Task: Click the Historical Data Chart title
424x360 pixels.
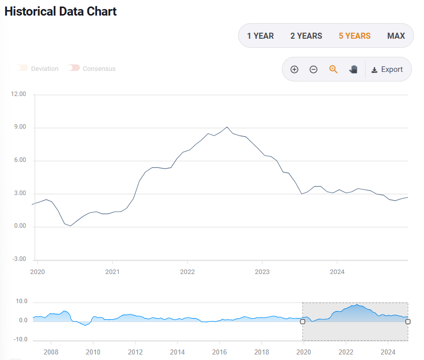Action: (x=60, y=11)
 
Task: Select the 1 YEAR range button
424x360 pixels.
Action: (x=260, y=36)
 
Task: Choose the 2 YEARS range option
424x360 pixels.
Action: (x=306, y=36)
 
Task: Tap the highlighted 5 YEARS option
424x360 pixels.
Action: (x=354, y=36)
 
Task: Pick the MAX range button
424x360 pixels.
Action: (x=396, y=36)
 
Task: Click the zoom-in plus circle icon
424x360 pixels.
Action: (x=294, y=69)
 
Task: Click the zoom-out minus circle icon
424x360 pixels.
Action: (x=313, y=69)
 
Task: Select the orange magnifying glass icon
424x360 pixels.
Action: (x=333, y=69)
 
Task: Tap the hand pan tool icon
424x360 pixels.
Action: (x=353, y=69)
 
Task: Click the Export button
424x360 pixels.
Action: (x=387, y=69)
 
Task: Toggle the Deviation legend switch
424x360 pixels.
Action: (x=23, y=68)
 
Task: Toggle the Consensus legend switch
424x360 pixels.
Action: (x=74, y=68)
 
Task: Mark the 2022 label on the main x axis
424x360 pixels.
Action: (x=187, y=272)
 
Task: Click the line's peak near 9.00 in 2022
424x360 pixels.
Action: (x=227, y=127)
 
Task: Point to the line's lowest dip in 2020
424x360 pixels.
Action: (x=70, y=226)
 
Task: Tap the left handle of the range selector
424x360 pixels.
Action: (x=302, y=322)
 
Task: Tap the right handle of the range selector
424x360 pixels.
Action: (x=407, y=322)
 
